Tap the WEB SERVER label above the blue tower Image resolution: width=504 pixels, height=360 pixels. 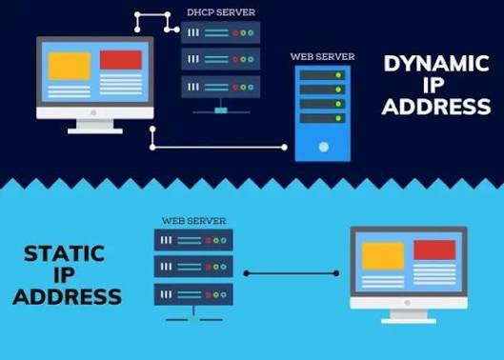(322, 56)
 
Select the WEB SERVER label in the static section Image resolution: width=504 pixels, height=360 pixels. (193, 220)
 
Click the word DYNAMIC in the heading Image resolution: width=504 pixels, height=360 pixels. (436, 64)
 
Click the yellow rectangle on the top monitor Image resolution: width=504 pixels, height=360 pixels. (69, 65)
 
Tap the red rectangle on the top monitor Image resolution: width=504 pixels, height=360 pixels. (120, 60)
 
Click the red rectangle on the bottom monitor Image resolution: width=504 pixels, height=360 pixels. (433, 250)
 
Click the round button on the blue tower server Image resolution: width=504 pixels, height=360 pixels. (323, 148)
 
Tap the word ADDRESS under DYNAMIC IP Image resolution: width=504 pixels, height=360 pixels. (436, 107)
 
